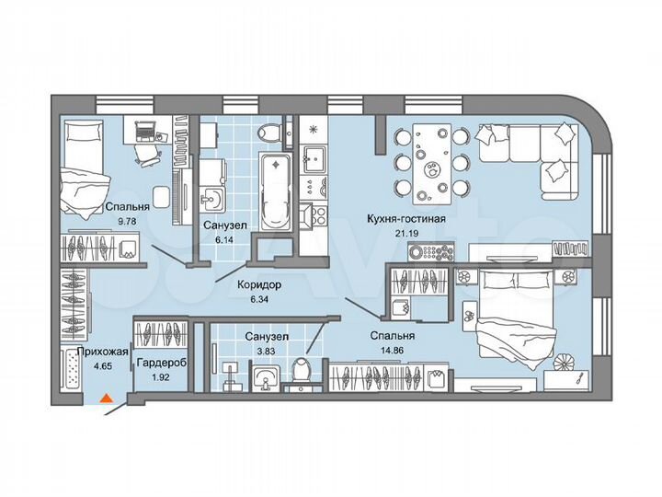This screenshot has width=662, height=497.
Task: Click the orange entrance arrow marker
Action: (x=107, y=399)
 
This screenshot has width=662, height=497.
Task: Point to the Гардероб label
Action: (x=161, y=364)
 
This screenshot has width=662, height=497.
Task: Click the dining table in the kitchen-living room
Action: (x=432, y=161)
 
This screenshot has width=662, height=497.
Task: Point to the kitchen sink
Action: (x=314, y=156)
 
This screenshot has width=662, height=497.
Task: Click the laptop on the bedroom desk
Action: (x=145, y=131)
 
